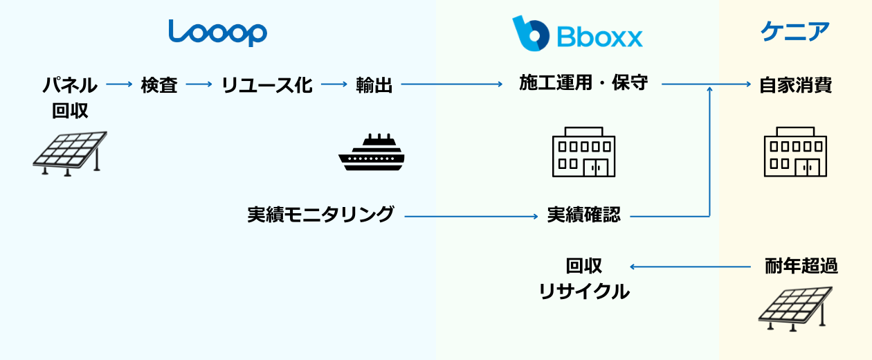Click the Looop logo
coord(218,32)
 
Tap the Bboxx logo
coord(577,33)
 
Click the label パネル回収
coord(70,98)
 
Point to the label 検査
coord(159,85)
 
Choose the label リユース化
coord(266,85)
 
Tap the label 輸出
coord(374,85)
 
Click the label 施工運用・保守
coord(583,84)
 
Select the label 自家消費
coord(795,85)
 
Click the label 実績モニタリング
coord(320,215)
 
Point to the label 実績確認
coord(583,215)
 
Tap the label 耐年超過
coord(801,267)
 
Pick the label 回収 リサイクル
coord(584,278)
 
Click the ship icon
coord(371,152)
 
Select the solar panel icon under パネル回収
coord(70,153)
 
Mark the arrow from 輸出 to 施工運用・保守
coord(452,84)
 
